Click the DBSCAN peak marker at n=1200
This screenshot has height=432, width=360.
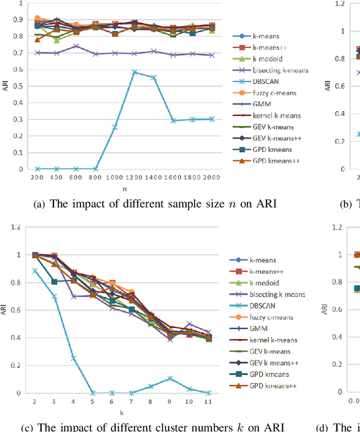pyautogui.click(x=134, y=72)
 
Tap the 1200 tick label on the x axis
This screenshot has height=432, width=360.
pyautogui.click(x=134, y=177)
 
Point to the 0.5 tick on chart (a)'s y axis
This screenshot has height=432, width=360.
pyautogui.click(x=22, y=86)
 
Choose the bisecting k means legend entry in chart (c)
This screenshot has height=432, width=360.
pyautogui.click(x=277, y=294)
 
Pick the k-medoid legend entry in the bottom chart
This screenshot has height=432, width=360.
pyautogui.click(x=265, y=282)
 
